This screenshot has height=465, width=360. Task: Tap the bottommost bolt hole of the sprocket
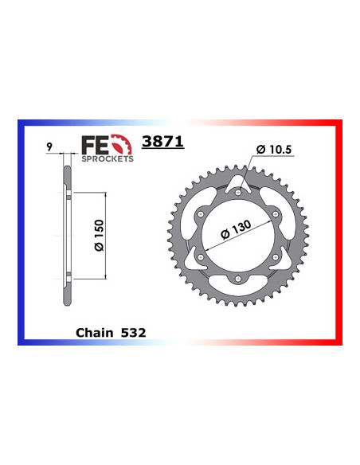tap(240, 278)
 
